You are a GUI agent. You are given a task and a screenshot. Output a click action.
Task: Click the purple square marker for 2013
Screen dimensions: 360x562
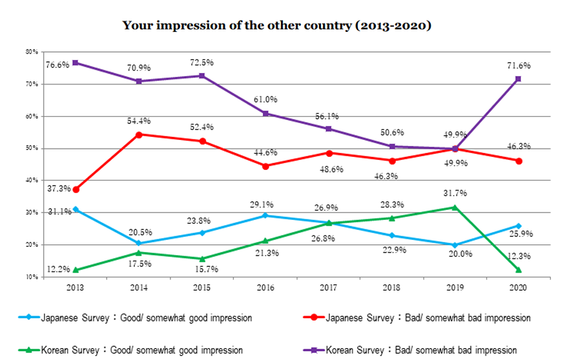pos(76,63)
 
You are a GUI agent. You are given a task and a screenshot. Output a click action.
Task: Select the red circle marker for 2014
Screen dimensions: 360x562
pos(139,134)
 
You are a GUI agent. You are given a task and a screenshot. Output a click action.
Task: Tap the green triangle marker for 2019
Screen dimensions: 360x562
pos(455,207)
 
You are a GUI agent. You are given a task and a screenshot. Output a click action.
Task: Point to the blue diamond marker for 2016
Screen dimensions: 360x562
pos(265,216)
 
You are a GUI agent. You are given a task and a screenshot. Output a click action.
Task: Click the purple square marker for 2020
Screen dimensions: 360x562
pos(518,79)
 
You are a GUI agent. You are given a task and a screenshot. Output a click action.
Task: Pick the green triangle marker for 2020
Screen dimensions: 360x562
pos(518,269)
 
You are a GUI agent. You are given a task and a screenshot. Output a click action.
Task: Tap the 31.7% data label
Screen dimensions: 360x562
pos(455,193)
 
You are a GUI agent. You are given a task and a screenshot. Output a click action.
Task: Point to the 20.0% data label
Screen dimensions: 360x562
pos(455,254)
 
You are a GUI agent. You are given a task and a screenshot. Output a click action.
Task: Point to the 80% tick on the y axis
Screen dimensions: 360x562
pos(31,52)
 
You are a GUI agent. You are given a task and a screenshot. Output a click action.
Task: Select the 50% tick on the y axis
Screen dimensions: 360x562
pos(31,148)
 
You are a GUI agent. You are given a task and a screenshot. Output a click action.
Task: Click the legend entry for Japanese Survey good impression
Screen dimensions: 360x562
pos(144,317)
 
